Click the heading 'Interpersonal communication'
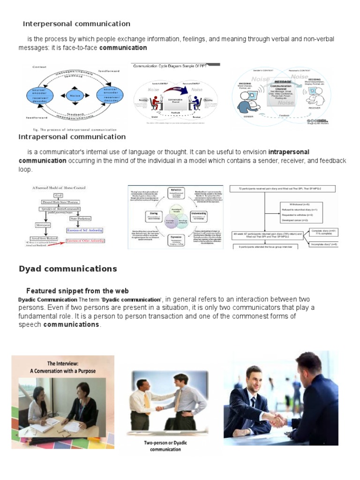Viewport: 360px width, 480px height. coord(76,24)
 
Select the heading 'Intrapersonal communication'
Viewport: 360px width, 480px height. coord(72,137)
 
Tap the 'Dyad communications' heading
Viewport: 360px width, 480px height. coord(67,269)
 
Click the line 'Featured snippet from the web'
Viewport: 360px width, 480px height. coord(77,291)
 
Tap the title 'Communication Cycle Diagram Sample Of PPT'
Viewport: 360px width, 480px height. coord(170,67)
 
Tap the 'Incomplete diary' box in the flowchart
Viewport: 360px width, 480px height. coord(322,244)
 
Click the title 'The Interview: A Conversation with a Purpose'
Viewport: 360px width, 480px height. coord(64,367)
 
